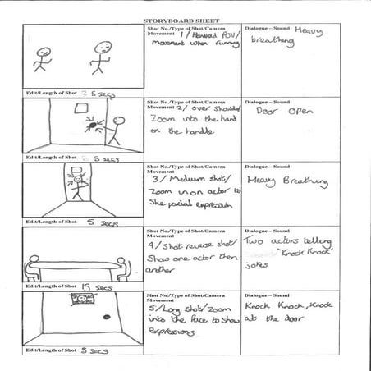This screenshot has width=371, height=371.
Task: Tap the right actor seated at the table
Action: pyautogui.click(x=121, y=263)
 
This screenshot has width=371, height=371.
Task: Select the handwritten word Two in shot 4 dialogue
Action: pyautogui.click(x=256, y=242)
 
